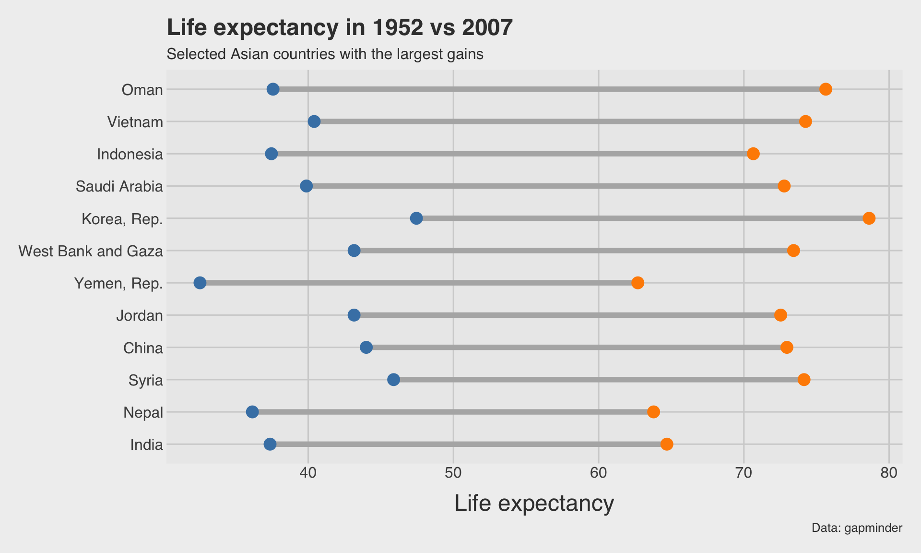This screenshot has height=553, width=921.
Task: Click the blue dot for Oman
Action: (x=273, y=89)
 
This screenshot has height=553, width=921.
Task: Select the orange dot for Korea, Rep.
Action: (x=869, y=218)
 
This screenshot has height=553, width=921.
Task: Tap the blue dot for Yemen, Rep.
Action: (x=200, y=283)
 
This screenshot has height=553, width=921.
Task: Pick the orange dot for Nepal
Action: (x=653, y=412)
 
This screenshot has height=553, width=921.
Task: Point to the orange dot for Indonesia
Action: (x=753, y=154)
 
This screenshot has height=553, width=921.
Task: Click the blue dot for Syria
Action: (x=393, y=380)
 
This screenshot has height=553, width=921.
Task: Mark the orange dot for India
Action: (x=667, y=444)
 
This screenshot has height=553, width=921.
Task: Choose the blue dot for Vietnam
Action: (x=314, y=121)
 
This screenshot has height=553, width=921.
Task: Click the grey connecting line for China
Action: (x=576, y=348)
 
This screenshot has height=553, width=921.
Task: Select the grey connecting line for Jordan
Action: (x=566, y=315)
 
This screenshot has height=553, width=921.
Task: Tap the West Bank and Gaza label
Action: (x=91, y=251)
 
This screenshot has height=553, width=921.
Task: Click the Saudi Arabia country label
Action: (x=119, y=186)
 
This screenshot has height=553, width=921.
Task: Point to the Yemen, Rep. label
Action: (x=118, y=284)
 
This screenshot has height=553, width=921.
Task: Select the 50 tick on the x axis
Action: (x=453, y=473)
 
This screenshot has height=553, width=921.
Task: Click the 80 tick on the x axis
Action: (x=889, y=473)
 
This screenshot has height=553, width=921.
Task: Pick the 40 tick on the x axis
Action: (x=308, y=473)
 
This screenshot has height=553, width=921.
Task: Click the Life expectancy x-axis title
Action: (x=534, y=504)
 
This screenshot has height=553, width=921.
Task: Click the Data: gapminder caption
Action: (x=857, y=529)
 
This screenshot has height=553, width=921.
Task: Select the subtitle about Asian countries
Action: (x=325, y=54)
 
